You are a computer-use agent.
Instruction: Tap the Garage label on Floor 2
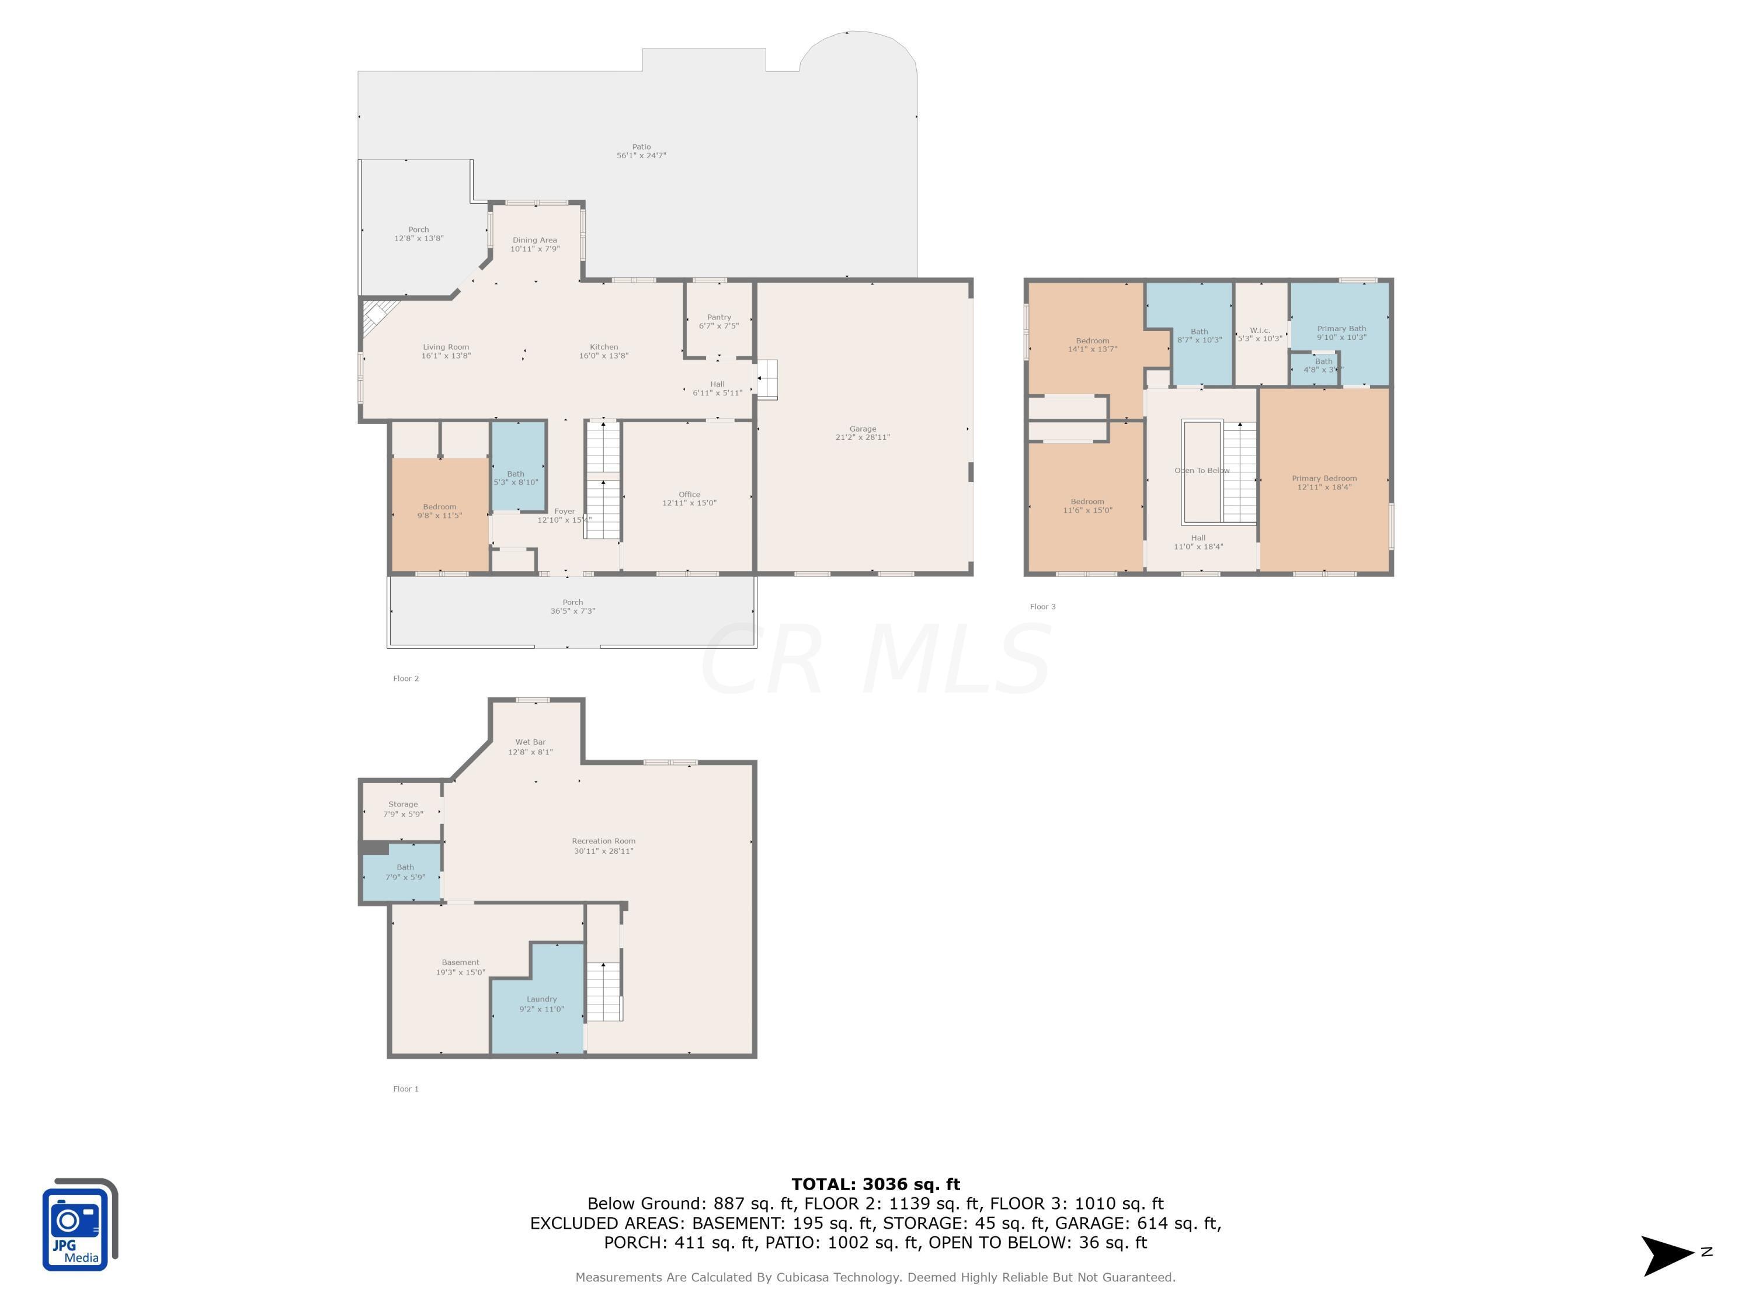pyautogui.click(x=863, y=433)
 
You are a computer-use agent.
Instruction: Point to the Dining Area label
pyautogui.click(x=534, y=244)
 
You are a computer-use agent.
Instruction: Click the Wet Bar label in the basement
pyautogui.click(x=530, y=747)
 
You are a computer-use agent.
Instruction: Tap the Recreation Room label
pyautogui.click(x=603, y=846)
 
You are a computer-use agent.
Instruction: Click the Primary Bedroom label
pyautogui.click(x=1323, y=482)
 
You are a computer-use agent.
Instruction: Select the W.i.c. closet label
pyautogui.click(x=1259, y=334)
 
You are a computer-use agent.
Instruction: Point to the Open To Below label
pyautogui.click(x=1201, y=471)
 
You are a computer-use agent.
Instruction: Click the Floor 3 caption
pyautogui.click(x=1042, y=607)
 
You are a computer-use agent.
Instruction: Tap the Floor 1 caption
pyautogui.click(x=405, y=1089)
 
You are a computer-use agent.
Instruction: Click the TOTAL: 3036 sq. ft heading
pyautogui.click(x=875, y=1184)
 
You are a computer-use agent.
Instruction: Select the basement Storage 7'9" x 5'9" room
pyautogui.click(x=402, y=809)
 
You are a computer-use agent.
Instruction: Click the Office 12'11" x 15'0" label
pyautogui.click(x=689, y=499)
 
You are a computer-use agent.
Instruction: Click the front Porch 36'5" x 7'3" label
pyautogui.click(x=573, y=607)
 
